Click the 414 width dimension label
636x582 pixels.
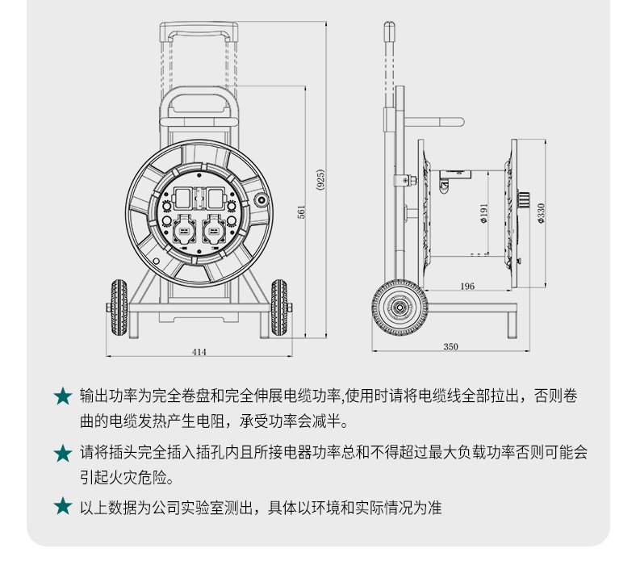coord(199,352)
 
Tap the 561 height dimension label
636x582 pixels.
coord(301,212)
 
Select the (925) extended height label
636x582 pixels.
coord(320,180)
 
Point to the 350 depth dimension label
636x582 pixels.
coord(450,347)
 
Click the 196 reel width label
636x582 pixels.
coord(467,287)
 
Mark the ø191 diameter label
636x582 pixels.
coord(483,213)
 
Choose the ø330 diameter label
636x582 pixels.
coord(541,213)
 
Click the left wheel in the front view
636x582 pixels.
coord(119,308)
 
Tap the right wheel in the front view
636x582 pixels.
coord(279,308)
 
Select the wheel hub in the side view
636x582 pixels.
coord(400,308)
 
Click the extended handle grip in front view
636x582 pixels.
coord(199,31)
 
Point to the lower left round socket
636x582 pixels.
coord(183,231)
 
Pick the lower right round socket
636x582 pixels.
coord(213,231)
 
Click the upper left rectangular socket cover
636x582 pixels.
coord(183,199)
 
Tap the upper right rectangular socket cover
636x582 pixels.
coord(215,199)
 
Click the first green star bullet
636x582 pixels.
coord(63,396)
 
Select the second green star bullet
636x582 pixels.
coord(63,453)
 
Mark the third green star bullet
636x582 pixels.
coord(63,507)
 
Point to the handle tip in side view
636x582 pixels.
coord(389,24)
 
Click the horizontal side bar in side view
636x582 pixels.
coord(434,122)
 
